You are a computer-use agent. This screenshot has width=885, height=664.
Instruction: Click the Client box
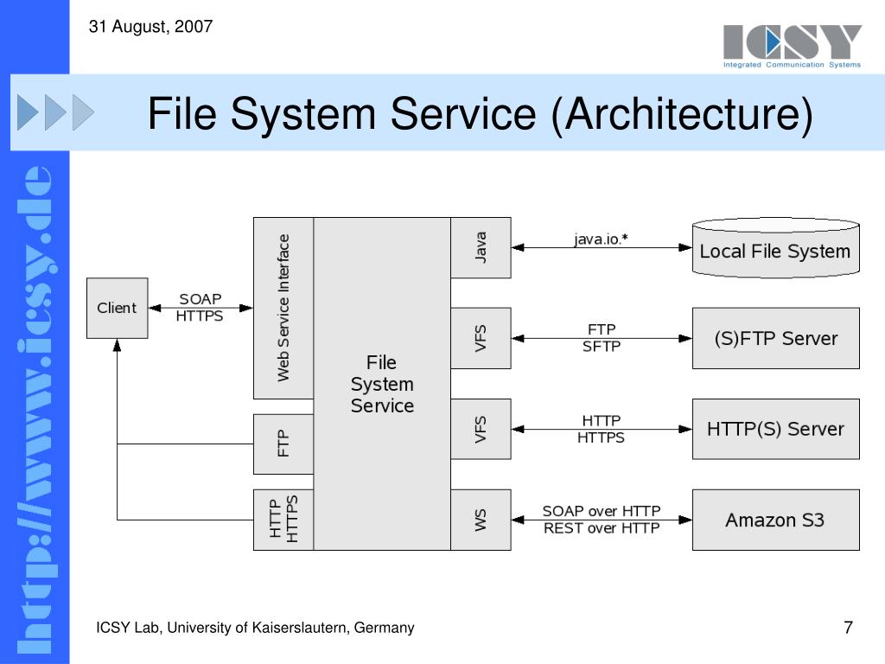117,308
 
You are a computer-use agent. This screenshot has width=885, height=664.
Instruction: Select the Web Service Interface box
283,308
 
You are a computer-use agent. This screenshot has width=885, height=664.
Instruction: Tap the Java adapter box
481,247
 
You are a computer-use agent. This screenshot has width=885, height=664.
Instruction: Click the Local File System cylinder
775,250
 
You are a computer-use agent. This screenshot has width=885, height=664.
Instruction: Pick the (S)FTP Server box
775,338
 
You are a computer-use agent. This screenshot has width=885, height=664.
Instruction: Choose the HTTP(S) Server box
775,429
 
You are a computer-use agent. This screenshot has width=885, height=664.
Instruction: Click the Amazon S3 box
775,520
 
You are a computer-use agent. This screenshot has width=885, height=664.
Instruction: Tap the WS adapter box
481,520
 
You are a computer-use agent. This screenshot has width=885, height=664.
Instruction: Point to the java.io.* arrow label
601,239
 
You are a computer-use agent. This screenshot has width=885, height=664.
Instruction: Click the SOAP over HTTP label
601,511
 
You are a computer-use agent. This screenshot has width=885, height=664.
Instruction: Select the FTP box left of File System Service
283,444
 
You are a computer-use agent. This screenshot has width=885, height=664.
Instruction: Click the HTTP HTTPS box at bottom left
283,520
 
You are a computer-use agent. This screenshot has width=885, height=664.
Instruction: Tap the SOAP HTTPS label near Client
200,308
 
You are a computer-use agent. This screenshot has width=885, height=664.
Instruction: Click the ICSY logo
793,46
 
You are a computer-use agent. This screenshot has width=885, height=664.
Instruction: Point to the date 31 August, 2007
150,27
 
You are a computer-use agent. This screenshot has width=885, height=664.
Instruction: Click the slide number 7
848,628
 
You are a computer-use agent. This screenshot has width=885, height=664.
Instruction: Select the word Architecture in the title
682,115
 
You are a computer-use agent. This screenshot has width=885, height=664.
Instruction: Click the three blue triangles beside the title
55,112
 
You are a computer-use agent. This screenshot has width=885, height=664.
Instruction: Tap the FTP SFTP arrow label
601,338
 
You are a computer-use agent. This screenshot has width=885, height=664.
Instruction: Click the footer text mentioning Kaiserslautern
255,628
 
